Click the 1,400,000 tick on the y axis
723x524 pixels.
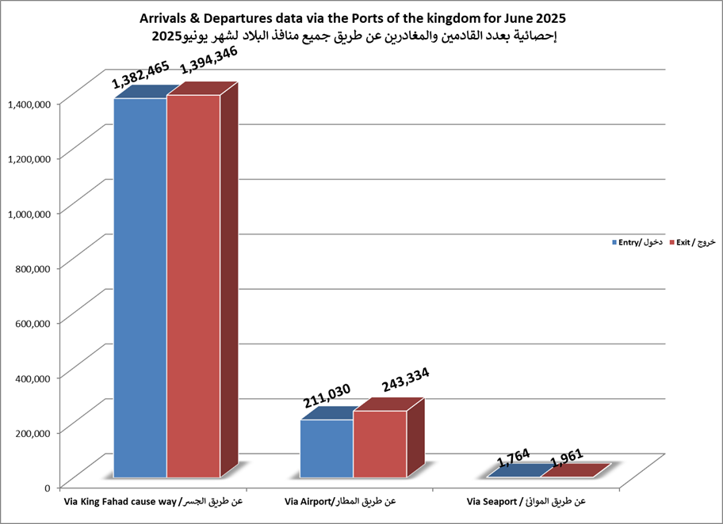(29, 103)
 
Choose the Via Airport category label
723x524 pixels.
(339, 502)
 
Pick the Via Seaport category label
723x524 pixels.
(526, 502)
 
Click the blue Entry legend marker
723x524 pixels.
(614, 242)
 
